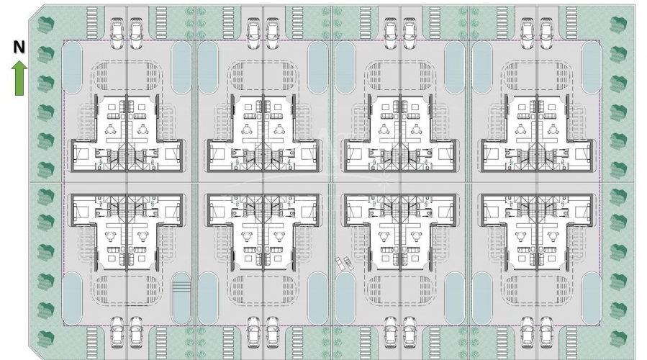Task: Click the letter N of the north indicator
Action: click(x=19, y=48)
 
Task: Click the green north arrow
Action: click(x=19, y=78)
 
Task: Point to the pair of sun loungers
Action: click(x=343, y=264)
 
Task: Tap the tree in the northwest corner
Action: click(x=46, y=24)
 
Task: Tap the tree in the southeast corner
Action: click(x=618, y=338)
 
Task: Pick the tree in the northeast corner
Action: click(x=618, y=24)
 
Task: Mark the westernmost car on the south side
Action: click(x=118, y=333)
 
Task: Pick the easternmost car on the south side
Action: click(x=546, y=333)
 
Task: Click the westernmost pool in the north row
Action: click(x=72, y=68)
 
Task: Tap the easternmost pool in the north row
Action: click(x=592, y=68)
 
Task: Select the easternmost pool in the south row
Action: click(x=592, y=297)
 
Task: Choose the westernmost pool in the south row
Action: click(x=72, y=297)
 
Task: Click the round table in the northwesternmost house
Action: click(x=111, y=129)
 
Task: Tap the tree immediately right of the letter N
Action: click(x=46, y=54)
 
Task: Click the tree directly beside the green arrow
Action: click(x=46, y=83)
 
